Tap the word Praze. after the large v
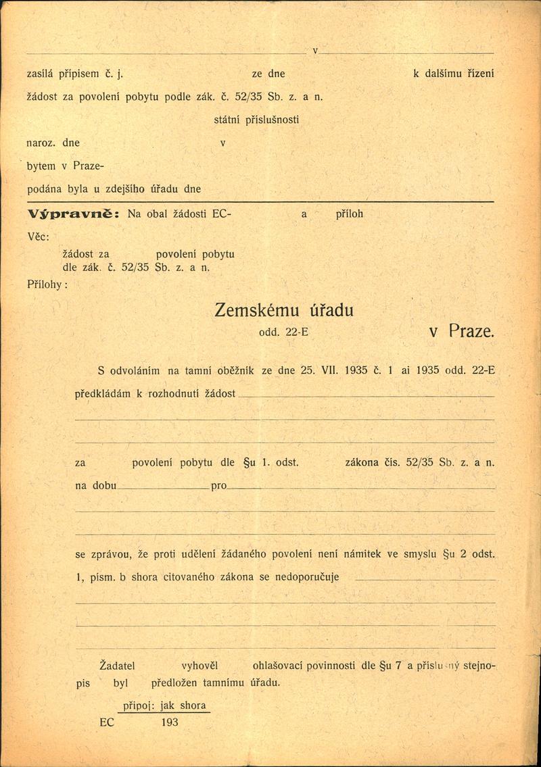click(x=472, y=332)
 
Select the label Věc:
click(x=43, y=236)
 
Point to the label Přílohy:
click(x=47, y=284)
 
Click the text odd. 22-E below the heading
click(x=283, y=333)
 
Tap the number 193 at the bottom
click(x=170, y=722)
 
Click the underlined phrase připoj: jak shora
click(x=162, y=706)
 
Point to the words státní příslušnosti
click(x=256, y=119)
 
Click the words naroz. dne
click(x=53, y=143)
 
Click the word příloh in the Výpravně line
click(x=350, y=214)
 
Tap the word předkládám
click(x=104, y=393)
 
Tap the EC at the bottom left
click(x=107, y=722)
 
